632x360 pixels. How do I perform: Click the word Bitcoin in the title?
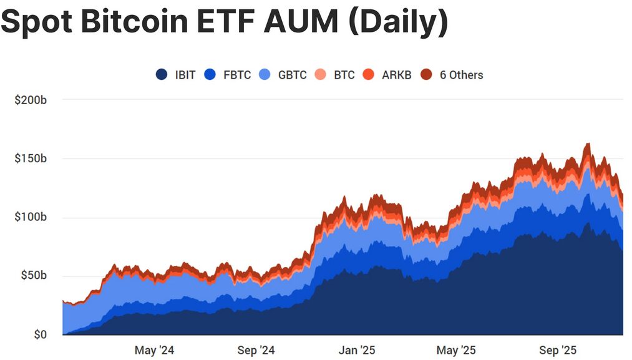point(135,22)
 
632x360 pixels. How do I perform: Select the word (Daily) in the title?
point(397,22)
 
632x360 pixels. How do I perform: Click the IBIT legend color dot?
point(162,75)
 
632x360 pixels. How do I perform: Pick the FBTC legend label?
point(237,75)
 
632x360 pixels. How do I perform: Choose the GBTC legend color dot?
point(265,75)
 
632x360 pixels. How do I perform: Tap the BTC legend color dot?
point(321,75)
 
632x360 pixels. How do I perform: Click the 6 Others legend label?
point(461,75)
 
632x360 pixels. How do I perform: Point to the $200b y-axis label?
point(31,100)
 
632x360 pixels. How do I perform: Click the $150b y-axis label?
point(31,158)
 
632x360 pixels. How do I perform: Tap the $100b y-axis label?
point(31,217)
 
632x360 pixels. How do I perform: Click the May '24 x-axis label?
point(154,351)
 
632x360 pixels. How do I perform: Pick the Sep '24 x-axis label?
point(256,351)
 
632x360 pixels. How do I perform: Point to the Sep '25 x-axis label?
point(558,351)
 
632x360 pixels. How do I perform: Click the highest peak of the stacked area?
point(588,144)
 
